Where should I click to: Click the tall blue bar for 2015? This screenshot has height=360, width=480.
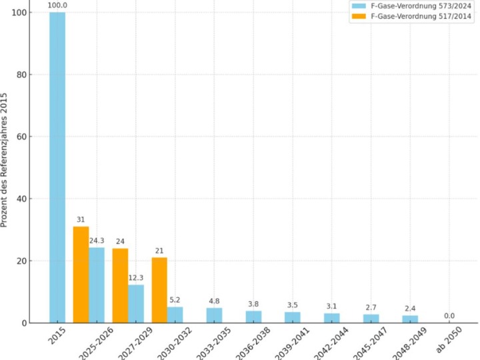[57, 167]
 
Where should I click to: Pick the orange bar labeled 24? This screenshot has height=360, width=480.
[120, 285]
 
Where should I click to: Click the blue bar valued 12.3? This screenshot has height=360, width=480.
[136, 304]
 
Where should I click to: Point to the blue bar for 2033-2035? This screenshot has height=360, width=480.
[214, 315]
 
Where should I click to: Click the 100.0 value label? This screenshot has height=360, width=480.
[57, 5]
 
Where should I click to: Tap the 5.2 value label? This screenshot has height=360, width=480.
[175, 299]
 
